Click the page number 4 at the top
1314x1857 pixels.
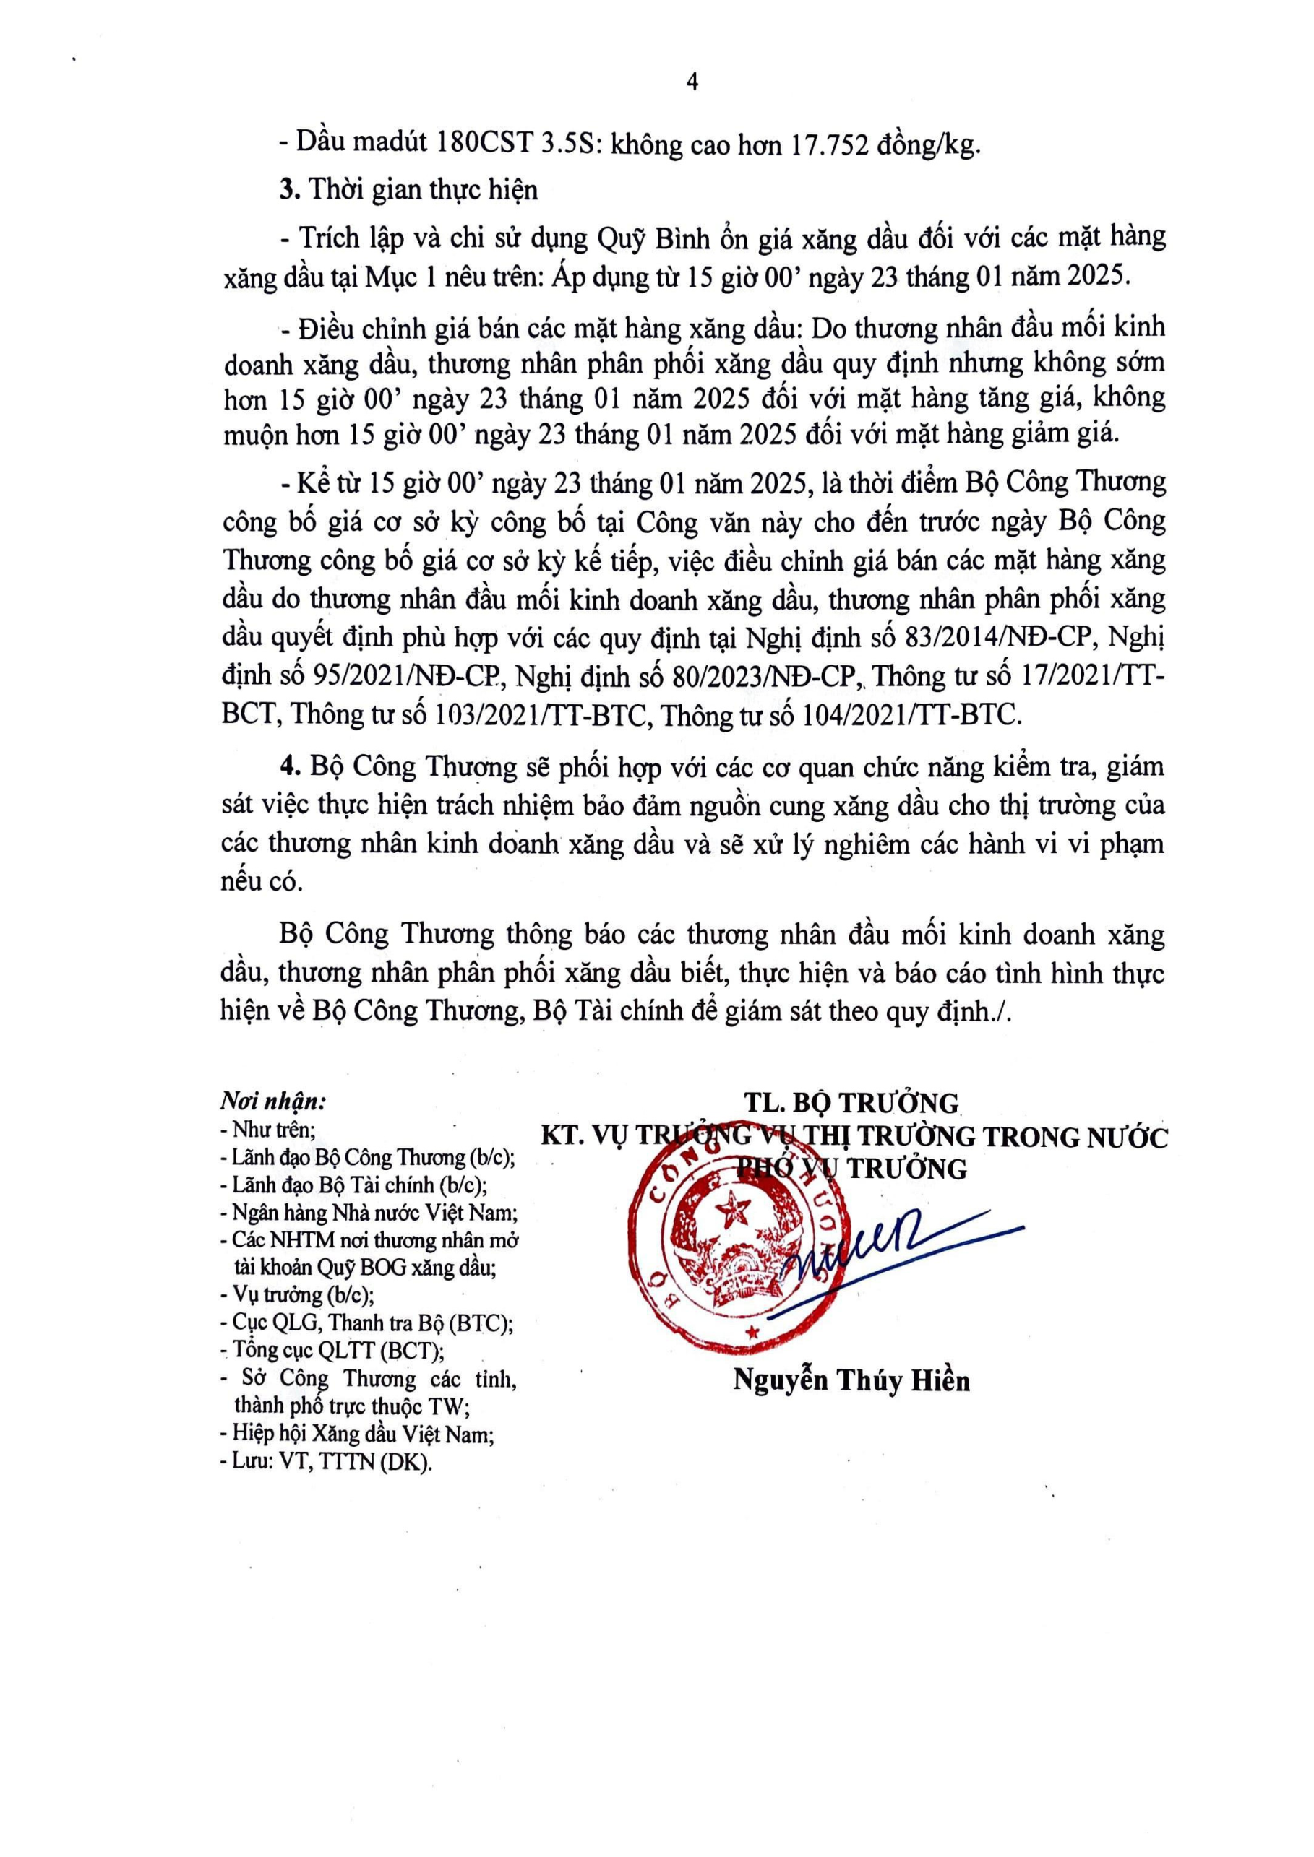pos(691,82)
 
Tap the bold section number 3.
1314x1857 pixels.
pos(285,190)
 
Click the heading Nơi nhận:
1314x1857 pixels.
pos(272,1101)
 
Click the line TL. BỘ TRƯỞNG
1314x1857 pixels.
pos(853,1102)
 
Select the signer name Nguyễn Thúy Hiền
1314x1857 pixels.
pos(851,1380)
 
